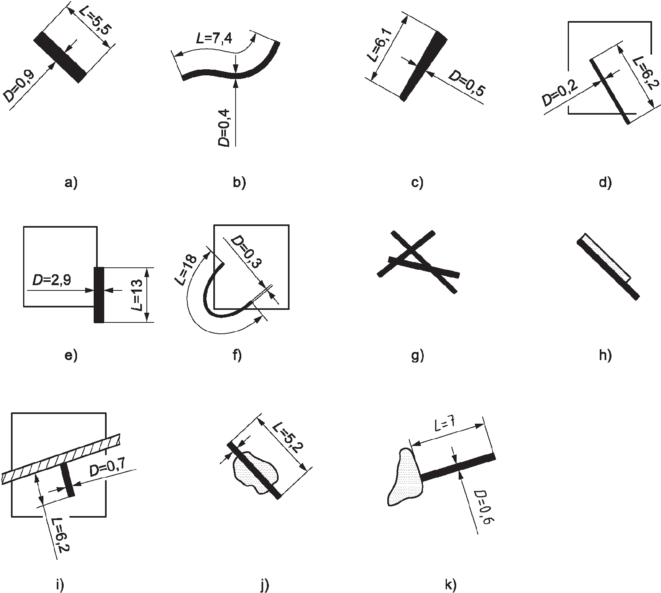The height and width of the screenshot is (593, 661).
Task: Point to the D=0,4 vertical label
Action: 226,128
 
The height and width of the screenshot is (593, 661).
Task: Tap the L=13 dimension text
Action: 137,295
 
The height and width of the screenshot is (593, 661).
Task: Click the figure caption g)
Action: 417,356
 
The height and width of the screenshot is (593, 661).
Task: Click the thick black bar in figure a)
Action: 60,57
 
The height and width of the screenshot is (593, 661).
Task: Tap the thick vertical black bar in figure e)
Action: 99,294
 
